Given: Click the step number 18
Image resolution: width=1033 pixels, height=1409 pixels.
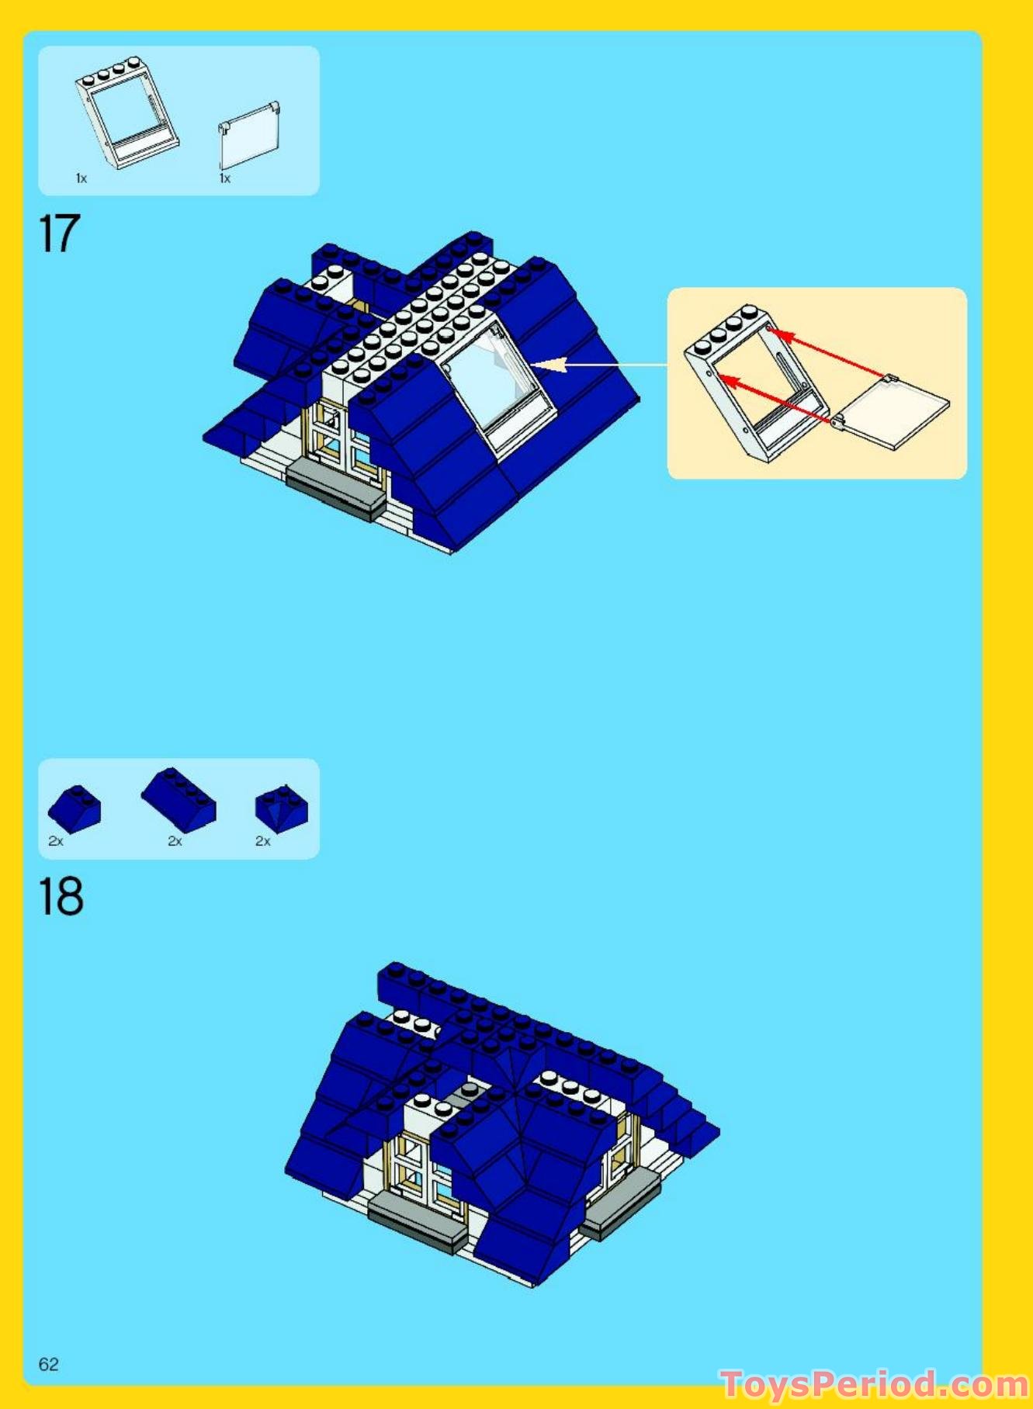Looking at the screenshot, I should (61, 897).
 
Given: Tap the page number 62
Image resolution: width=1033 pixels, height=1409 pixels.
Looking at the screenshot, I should (48, 1364).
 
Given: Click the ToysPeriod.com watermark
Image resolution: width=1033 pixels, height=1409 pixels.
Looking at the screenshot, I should (874, 1384).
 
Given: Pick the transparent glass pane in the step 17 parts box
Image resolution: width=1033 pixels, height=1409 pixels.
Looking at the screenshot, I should (248, 135).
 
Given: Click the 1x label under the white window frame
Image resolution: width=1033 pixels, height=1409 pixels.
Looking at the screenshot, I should (81, 178).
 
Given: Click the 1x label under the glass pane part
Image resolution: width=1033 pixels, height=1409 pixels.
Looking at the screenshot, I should (225, 178).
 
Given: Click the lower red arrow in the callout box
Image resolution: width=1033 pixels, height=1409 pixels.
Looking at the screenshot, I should (776, 400).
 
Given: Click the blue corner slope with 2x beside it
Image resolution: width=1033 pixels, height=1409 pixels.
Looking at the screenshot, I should (281, 806).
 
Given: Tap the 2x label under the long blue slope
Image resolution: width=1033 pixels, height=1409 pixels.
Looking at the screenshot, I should (175, 841).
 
